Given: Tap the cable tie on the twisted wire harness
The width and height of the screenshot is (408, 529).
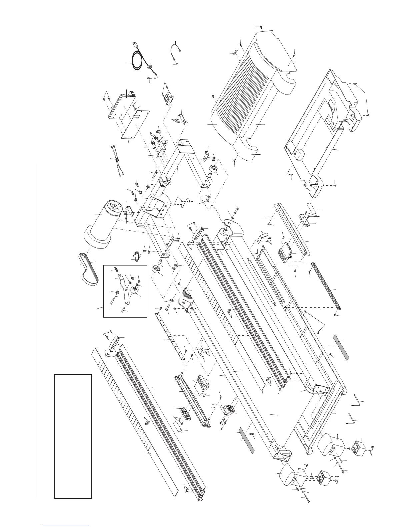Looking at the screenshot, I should pos(117,161).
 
